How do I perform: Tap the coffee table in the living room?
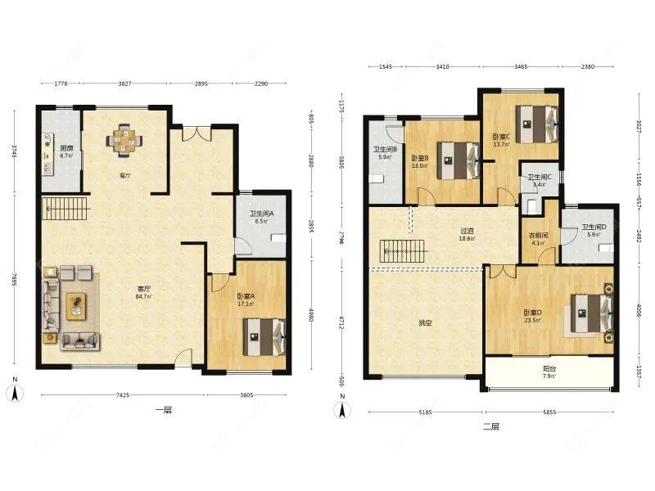click(76, 304)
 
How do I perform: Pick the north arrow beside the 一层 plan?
click(16, 390)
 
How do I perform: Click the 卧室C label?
click(501, 140)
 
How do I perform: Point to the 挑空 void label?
click(425, 323)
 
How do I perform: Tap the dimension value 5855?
click(549, 412)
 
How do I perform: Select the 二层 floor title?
click(490, 426)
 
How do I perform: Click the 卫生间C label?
click(538, 180)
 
